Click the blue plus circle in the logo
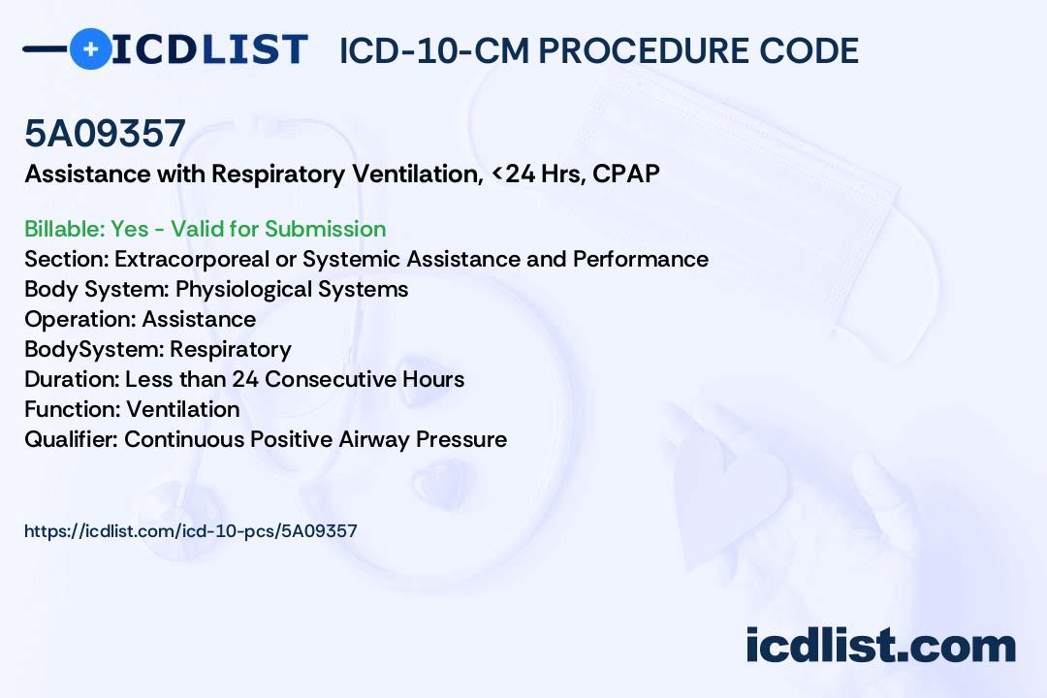click(x=90, y=48)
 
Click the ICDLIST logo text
click(x=209, y=49)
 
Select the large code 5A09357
click(x=105, y=133)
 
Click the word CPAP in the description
click(x=625, y=174)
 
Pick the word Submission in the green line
click(x=325, y=229)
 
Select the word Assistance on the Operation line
click(x=199, y=319)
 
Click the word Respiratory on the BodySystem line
click(x=231, y=349)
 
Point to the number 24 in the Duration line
click(x=245, y=379)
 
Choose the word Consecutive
click(x=331, y=379)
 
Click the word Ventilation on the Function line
click(x=183, y=409)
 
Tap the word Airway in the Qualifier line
click(x=374, y=439)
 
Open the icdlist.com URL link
click(x=191, y=531)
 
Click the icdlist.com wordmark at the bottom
click(x=880, y=646)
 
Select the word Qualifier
click(x=74, y=439)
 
